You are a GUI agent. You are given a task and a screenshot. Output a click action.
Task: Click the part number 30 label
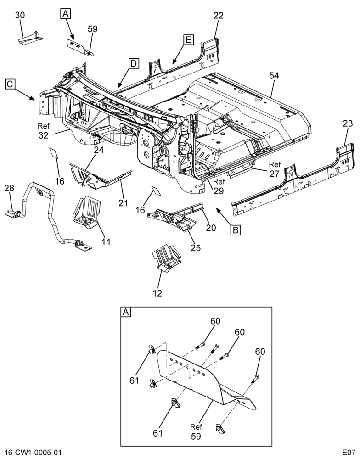tap(20, 15)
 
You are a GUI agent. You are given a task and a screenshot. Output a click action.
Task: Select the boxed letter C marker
tap(10, 84)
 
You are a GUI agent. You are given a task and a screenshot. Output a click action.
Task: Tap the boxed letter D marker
tap(133, 63)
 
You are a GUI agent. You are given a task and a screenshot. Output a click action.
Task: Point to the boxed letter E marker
tap(189, 39)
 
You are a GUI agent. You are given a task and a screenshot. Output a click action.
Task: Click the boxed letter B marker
tap(236, 230)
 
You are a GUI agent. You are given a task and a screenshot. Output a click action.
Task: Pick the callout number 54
tap(274, 76)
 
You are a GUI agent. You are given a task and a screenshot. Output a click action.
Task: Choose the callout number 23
tap(348, 123)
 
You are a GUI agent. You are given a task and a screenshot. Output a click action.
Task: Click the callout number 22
tap(219, 15)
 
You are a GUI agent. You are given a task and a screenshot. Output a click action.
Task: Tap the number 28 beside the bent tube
tap(9, 188)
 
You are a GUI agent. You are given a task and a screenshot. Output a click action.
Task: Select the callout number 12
tap(157, 293)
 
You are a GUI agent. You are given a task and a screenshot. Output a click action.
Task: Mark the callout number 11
tap(106, 242)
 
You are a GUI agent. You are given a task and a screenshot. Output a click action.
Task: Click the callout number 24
tap(99, 150)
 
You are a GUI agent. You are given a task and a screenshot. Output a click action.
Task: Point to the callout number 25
tap(196, 248)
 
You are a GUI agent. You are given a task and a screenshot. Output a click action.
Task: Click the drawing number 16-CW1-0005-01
tap(33, 453)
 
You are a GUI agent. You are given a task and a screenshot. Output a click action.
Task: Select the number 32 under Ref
tap(43, 135)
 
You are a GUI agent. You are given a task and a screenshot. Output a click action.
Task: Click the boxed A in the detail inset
tap(126, 312)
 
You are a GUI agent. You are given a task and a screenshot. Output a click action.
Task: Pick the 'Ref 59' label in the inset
tap(196, 431)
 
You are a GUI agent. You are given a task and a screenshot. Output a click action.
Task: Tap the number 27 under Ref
tap(275, 174)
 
